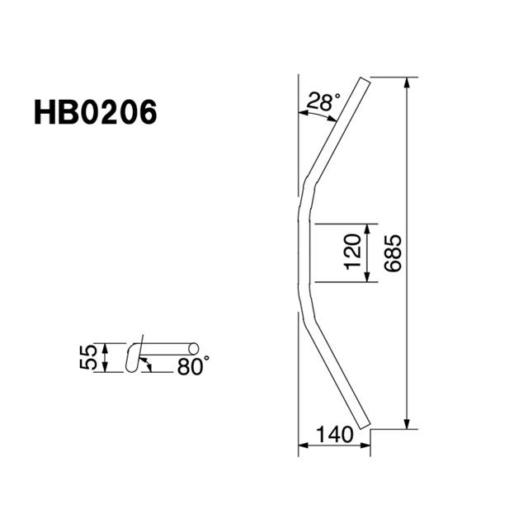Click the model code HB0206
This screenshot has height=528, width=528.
(96, 112)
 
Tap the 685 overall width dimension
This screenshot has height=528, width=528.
(393, 253)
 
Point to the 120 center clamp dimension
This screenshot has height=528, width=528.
(353, 252)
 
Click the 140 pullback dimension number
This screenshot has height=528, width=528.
(335, 435)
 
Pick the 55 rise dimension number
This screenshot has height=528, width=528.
(89, 357)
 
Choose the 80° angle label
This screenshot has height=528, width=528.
(192, 365)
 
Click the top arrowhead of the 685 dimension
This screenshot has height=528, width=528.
(407, 82)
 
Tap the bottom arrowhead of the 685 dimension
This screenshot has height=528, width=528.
(407, 423)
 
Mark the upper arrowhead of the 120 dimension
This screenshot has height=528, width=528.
(367, 229)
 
